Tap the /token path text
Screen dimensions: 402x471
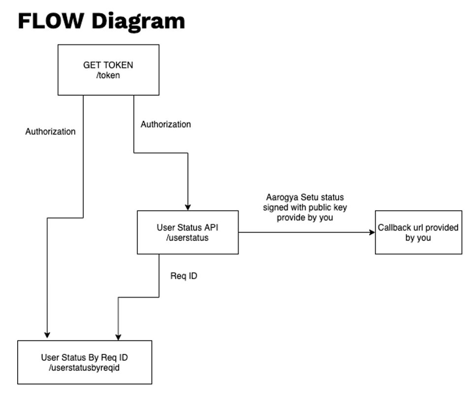[108, 76]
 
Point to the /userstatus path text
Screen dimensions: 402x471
[188, 237]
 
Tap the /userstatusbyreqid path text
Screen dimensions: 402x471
[84, 368]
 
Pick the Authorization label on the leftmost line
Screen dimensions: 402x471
[50, 131]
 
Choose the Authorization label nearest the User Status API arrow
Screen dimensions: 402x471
[166, 124]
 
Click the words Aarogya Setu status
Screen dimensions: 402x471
[304, 198]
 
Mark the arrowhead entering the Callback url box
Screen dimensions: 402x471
[371, 232]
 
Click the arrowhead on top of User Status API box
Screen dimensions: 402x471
[188, 207]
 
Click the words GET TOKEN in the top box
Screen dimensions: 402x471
[108, 65]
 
